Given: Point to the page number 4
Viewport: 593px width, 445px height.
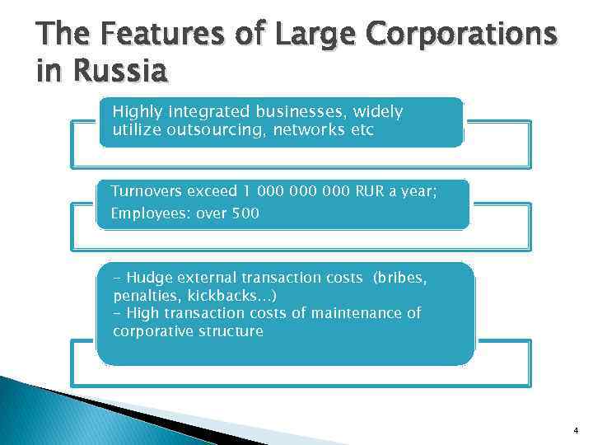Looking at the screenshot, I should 575,429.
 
